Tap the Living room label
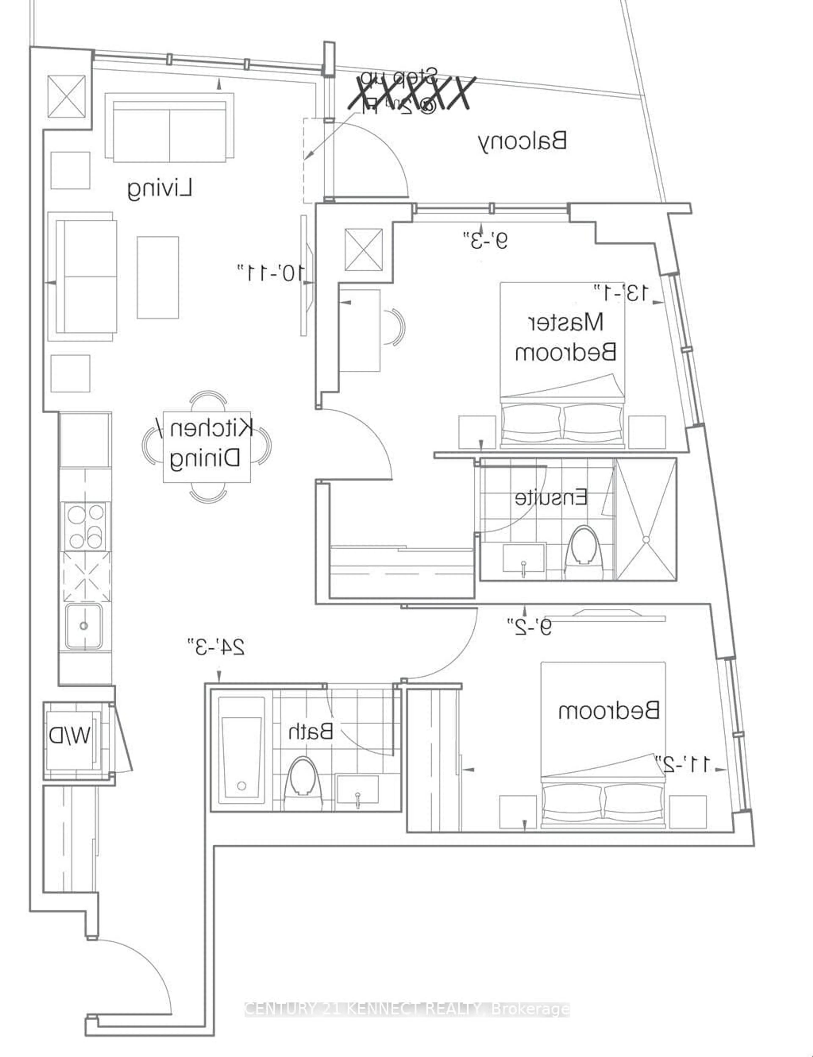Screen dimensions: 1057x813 tap(160, 189)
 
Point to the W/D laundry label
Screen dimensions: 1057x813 tap(69, 736)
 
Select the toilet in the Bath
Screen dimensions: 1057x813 tap(303, 780)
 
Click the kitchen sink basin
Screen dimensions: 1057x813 tap(84, 626)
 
